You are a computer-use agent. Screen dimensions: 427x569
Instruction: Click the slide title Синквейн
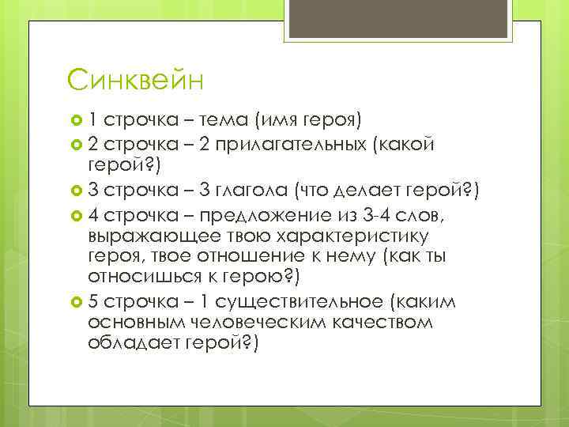point(136,80)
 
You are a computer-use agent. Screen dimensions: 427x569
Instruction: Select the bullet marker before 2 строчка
point(77,143)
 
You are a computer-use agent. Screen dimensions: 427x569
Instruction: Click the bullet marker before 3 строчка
point(77,190)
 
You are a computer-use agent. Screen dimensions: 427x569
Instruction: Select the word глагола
point(252,190)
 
